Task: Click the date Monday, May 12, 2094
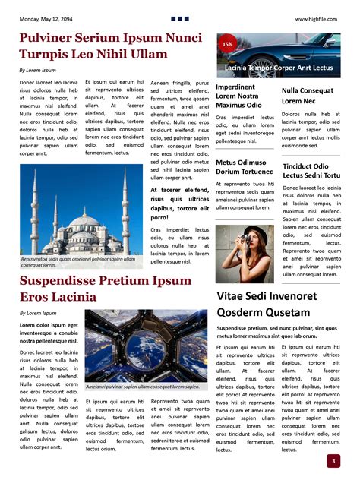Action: point(52,18)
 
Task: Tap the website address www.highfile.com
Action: point(317,18)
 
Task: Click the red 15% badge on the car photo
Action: point(227,45)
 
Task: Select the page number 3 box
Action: point(333,460)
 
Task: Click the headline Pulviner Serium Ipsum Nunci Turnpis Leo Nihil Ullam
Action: point(110,46)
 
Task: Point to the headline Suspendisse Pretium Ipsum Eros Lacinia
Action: point(105,289)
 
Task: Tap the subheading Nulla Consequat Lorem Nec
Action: point(308,96)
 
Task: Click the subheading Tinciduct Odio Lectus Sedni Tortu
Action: point(311,170)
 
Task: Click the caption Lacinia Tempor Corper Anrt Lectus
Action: point(279,68)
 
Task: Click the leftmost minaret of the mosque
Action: point(34,209)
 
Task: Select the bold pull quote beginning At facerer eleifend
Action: point(179,204)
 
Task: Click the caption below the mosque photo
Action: point(80,261)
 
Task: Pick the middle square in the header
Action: point(180,18)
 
